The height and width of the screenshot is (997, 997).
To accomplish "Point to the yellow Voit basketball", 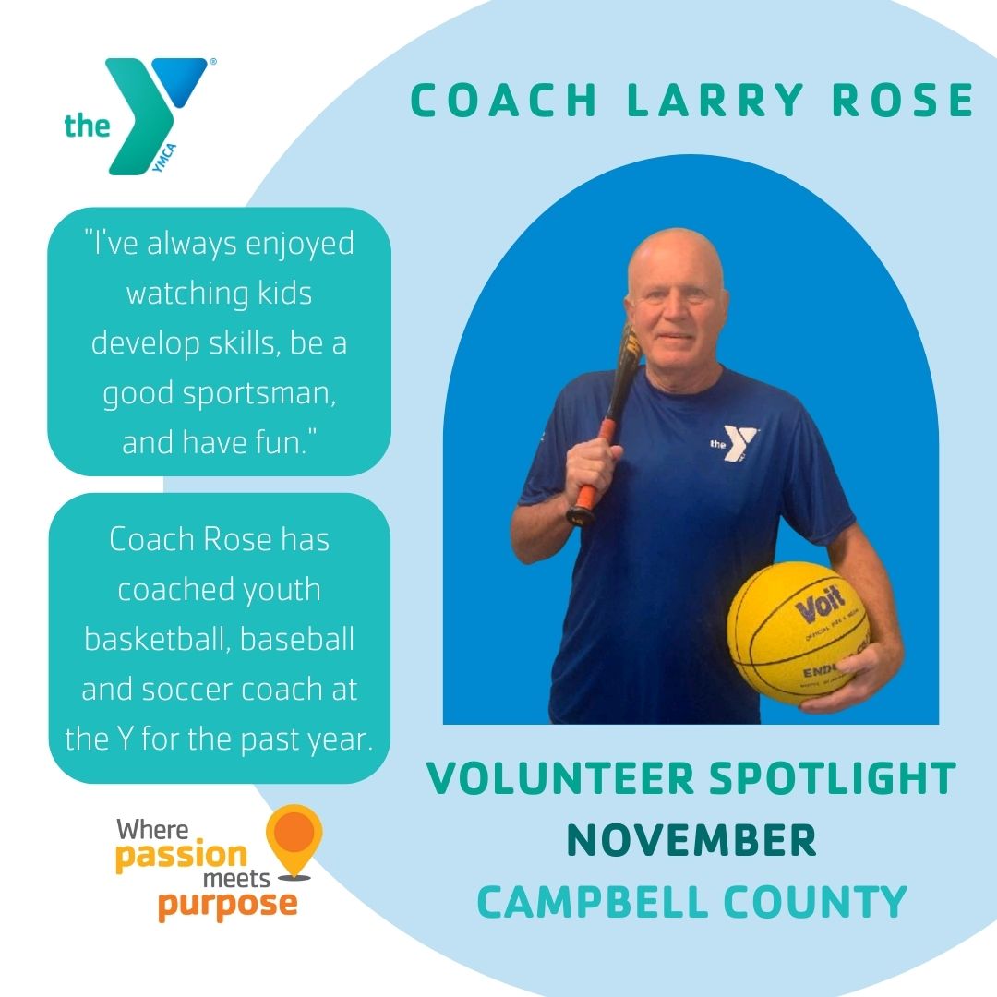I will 798,633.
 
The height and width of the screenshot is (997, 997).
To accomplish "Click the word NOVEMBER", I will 691,841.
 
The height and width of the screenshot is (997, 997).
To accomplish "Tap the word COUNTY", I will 819,902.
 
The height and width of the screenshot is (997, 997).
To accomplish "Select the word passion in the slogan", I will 181,854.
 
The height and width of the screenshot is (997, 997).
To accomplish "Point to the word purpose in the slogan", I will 227,904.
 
